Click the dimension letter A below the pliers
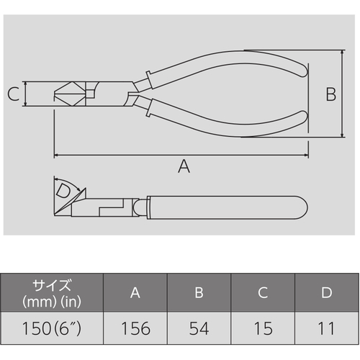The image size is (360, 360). coord(184,166)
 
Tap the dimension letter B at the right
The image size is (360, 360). coord(331,94)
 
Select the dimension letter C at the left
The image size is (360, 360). coord(13,94)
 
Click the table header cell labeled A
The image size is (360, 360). coord(135,292)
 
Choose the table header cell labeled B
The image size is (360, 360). coord(199,292)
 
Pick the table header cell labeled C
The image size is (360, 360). coord(263,292)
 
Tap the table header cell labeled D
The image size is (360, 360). coord(327,292)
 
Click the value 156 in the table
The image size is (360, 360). coord(136,328)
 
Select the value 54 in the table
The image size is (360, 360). coord(199,328)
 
